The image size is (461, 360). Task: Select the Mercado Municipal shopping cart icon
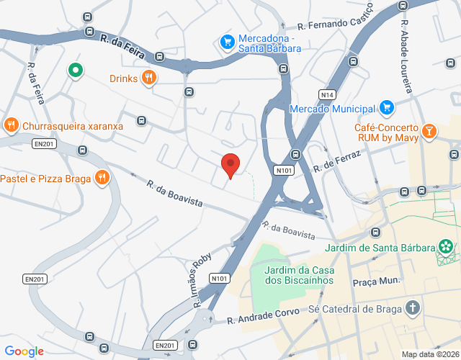coord(387,108)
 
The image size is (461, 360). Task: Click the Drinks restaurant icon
coord(149,78)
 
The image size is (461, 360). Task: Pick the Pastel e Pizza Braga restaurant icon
coord(102,178)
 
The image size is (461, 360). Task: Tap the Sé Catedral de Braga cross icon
coord(413,309)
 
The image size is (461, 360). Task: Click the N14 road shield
coord(328,94)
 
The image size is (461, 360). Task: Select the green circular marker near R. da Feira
coord(75,70)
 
